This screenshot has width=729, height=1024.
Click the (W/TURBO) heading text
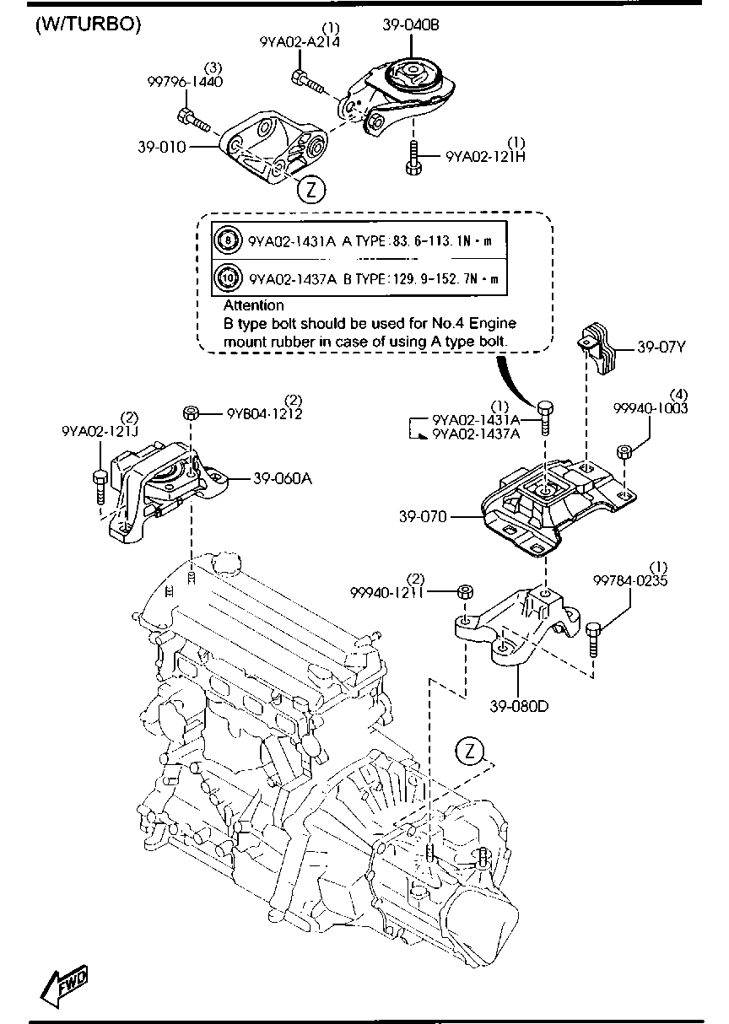coord(87,24)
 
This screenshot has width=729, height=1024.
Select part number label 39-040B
coord(411,26)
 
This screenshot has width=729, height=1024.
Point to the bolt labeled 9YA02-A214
coord(306,82)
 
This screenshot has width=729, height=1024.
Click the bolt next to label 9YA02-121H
coord(412,158)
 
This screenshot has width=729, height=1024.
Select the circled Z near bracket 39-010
coord(310,190)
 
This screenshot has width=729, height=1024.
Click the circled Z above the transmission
coord(468,751)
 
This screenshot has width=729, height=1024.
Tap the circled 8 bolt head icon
coord(228,240)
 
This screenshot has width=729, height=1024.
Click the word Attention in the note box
coord(253,305)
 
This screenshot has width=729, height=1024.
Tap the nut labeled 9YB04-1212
coord(191,412)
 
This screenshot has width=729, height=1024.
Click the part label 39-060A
coord(283,478)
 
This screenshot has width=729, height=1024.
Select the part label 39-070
coord(424,515)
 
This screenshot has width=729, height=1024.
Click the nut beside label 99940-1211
coord(463,590)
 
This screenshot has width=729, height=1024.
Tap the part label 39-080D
coord(518,705)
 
